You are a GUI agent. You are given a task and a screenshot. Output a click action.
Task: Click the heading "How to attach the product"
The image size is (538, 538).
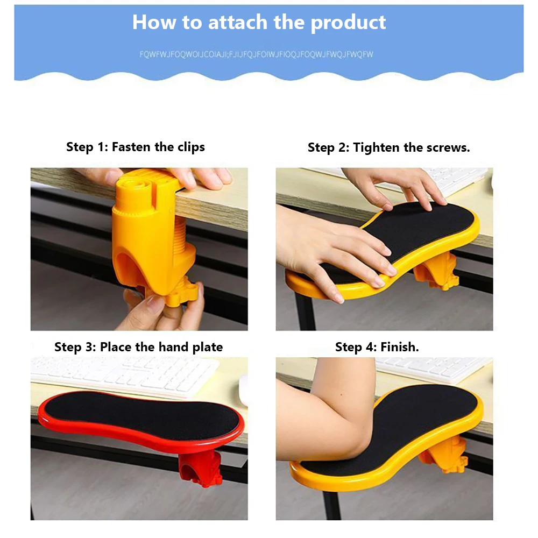[259, 23]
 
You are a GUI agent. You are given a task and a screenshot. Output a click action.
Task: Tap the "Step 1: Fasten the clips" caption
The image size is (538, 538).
[136, 147]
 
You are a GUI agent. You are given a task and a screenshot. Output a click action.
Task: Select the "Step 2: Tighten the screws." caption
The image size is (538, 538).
[388, 147]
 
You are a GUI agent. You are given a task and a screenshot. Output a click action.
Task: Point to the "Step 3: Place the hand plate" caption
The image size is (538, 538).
[138, 347]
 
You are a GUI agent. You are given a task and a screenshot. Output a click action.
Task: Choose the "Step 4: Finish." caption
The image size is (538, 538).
[377, 347]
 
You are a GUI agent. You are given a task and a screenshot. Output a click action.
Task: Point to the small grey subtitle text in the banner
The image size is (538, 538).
[256, 54]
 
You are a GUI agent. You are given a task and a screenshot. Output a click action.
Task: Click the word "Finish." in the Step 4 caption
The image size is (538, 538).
[400, 347]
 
